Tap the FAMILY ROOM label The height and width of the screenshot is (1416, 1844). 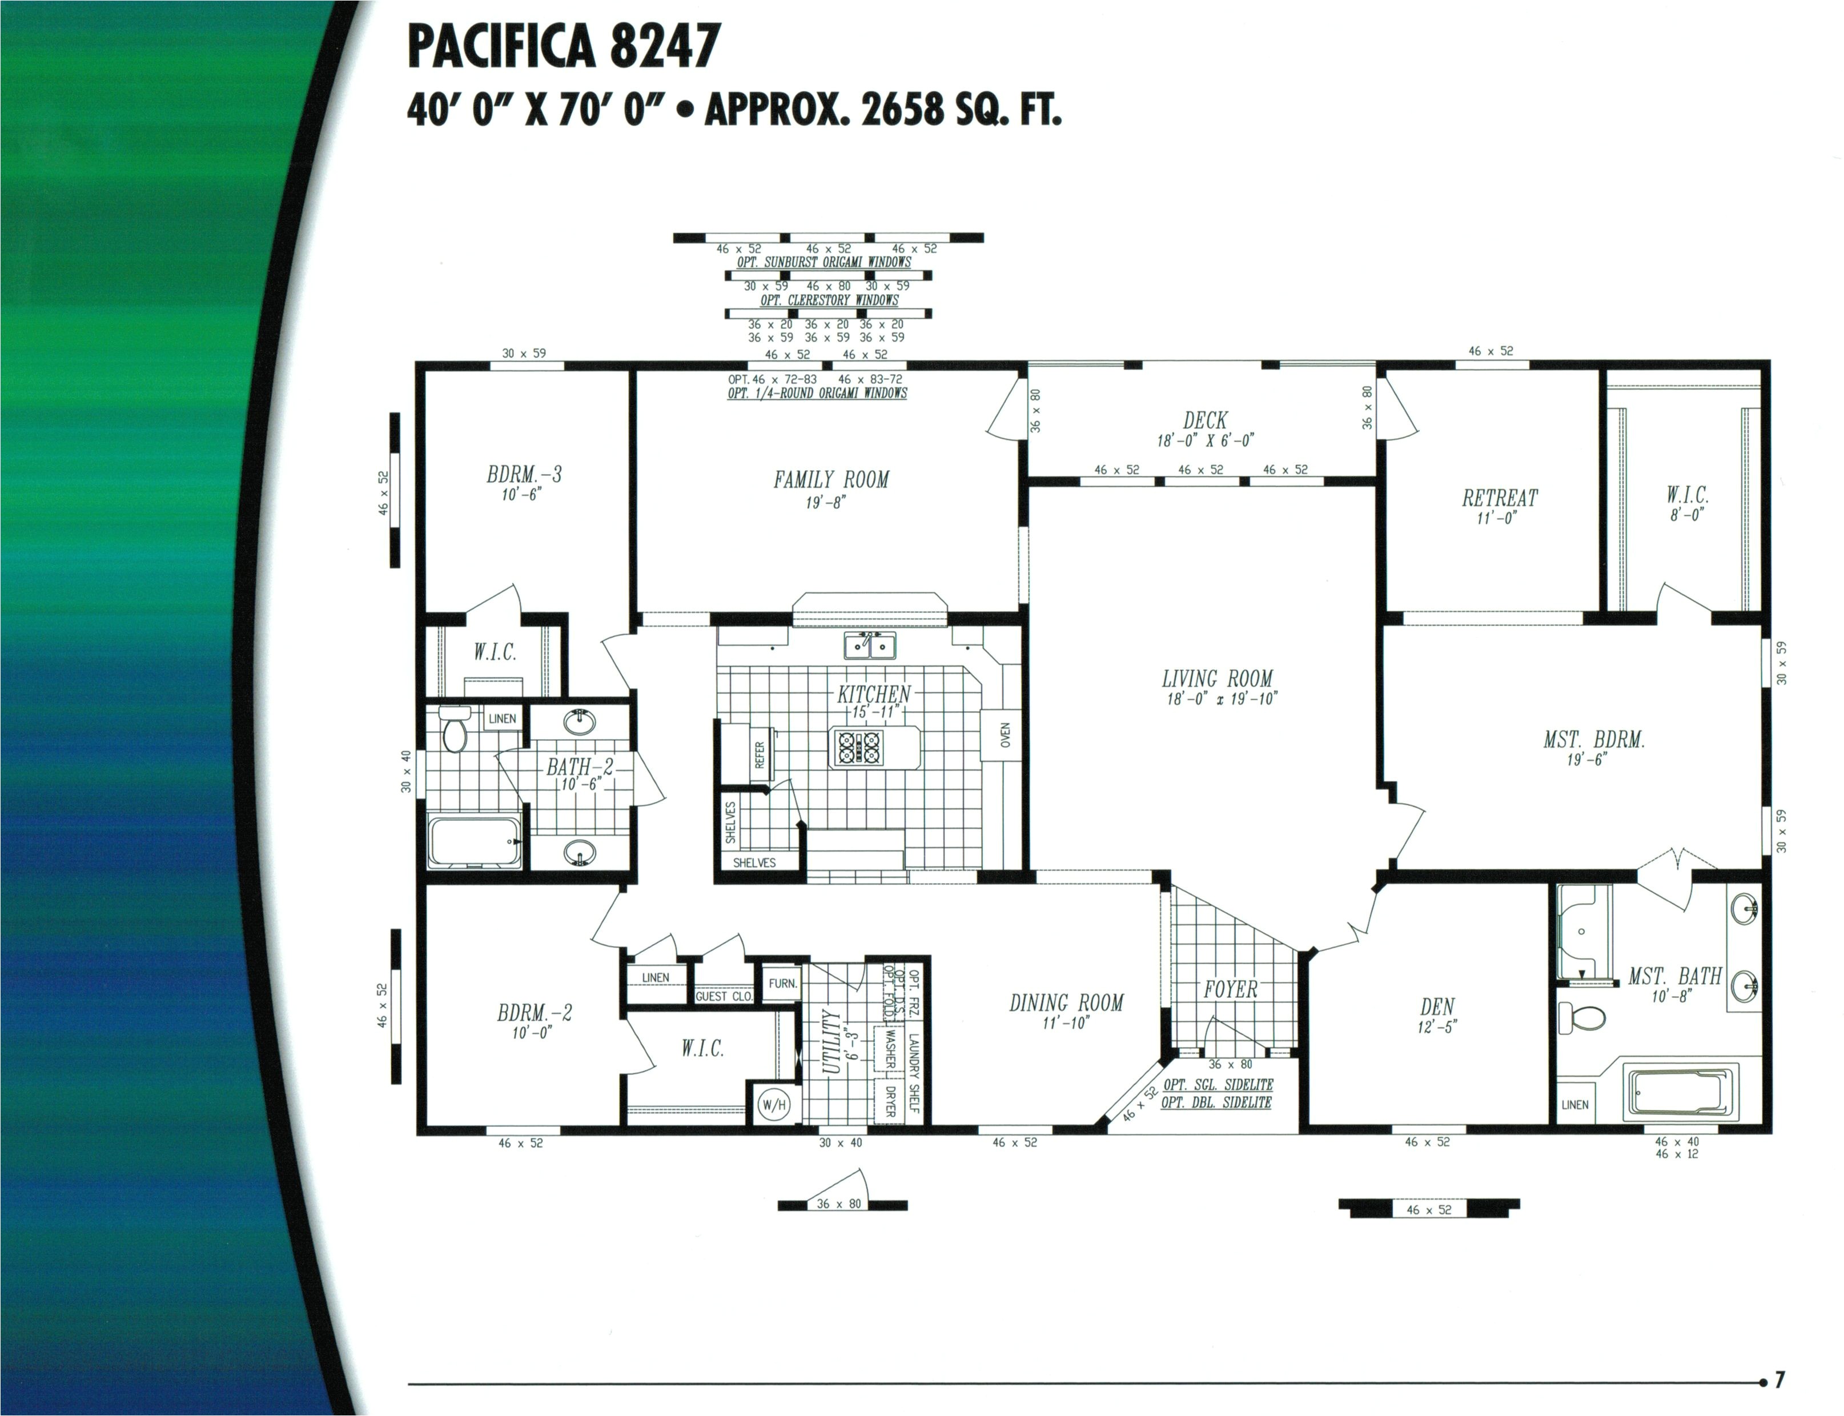point(831,480)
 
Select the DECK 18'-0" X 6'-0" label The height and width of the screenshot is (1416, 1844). point(1204,428)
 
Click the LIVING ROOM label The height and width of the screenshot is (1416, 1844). point(1217,679)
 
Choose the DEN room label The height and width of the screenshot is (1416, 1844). point(1437,1007)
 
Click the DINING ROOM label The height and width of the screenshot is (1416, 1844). point(1066,1003)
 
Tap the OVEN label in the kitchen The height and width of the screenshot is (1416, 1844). point(1005,735)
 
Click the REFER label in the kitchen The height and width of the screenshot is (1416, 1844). point(760,755)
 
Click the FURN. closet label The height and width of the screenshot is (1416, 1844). point(782,984)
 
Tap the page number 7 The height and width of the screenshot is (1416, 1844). point(1779,1381)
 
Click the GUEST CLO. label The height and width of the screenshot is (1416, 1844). point(723,996)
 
